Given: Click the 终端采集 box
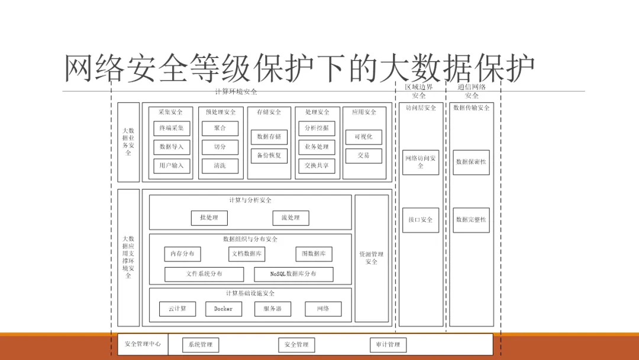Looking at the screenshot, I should point(172,128).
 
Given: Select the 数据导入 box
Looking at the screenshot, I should point(172,147).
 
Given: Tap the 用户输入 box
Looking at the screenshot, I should point(172,166).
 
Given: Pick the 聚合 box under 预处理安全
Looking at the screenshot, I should point(220,128).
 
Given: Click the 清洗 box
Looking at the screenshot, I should point(220,166).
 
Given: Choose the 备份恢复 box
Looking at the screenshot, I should point(269,156).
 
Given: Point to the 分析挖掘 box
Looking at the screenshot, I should point(317,128).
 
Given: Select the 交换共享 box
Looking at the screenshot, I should point(317,166).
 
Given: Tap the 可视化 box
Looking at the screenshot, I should point(363,137).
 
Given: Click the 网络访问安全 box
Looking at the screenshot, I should point(421,162).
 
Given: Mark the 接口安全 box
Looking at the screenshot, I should point(421,220).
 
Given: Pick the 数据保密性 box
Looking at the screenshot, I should point(472,162).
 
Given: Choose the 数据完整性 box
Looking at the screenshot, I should point(472,220).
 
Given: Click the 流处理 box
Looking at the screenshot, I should point(291,218).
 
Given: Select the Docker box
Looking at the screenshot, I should point(224,308).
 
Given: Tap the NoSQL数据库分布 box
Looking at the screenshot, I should point(293,274).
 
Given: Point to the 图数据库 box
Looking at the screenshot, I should point(314,254).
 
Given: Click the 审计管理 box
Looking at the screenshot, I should point(388,345).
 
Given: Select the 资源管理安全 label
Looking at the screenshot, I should point(372,258).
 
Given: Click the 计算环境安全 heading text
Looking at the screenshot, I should point(236,92).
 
